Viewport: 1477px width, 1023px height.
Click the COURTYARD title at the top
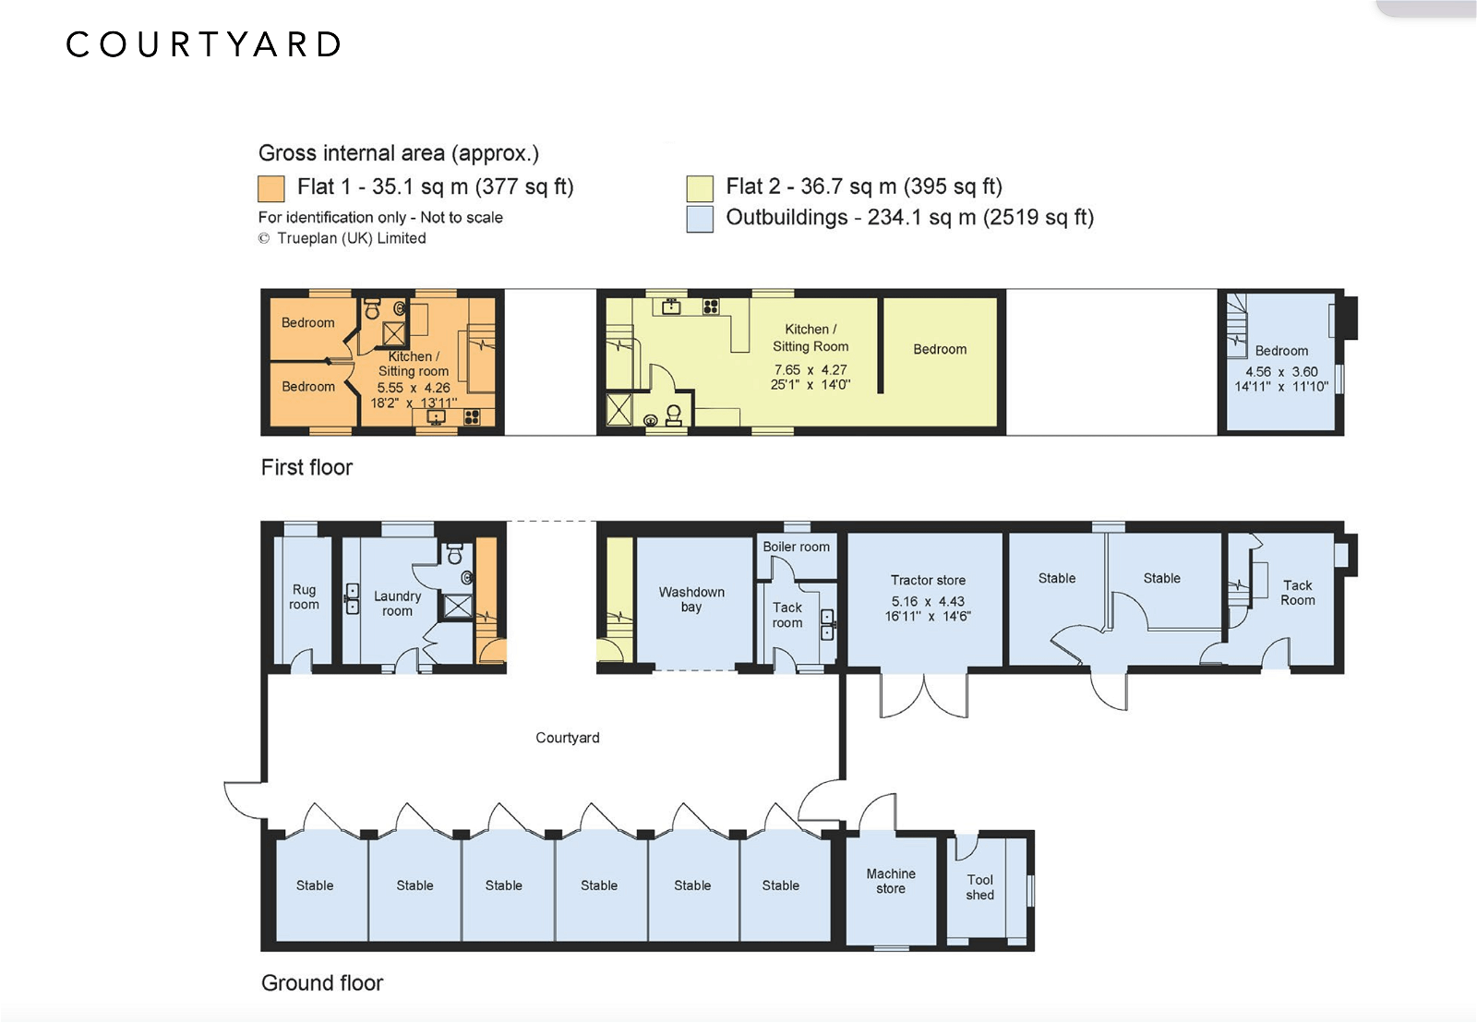pos(203,44)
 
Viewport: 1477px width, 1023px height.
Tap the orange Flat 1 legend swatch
pos(271,188)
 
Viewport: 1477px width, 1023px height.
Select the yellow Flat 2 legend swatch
pos(700,188)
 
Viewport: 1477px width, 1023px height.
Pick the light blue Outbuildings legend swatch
pos(700,219)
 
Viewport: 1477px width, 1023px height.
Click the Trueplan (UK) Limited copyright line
pos(342,238)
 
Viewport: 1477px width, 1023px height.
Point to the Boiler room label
pos(796,547)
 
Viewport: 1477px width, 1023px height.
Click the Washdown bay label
pos(691,599)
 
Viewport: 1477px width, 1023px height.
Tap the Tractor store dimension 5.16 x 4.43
pos(928,602)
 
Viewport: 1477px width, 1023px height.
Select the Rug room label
pos(304,597)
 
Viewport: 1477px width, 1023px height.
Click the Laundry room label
pos(397,604)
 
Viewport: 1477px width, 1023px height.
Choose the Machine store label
pos(891,881)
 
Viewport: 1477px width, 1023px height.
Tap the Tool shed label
pos(979,887)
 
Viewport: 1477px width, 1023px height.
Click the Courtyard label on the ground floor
pos(567,738)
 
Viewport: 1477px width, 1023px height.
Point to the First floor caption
pos(306,467)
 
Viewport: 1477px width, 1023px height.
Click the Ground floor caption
pos(322,982)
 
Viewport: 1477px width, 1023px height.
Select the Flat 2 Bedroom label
pos(940,350)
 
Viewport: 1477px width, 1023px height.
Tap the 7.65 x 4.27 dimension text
pos(811,370)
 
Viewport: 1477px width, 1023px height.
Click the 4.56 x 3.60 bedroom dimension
pos(1281,372)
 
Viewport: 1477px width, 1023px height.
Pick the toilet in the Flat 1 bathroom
pos(373,308)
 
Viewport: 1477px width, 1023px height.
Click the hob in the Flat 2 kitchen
pos(710,307)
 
